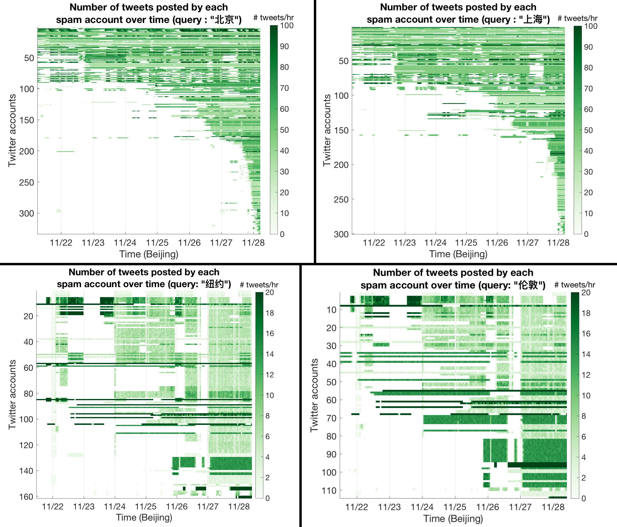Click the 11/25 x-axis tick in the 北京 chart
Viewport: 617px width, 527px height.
coord(157,243)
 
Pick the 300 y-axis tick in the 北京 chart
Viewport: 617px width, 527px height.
coord(27,214)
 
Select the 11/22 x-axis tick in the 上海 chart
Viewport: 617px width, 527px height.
coord(374,243)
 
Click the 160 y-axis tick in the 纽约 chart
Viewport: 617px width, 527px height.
coord(27,497)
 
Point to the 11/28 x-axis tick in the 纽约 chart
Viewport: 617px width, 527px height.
coord(239,506)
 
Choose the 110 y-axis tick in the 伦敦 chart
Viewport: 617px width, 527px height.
coord(329,490)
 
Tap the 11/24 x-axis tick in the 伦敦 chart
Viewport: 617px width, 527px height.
coord(422,507)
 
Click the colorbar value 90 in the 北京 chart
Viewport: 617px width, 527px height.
coord(285,47)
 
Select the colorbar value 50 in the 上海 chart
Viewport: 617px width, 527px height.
coord(588,130)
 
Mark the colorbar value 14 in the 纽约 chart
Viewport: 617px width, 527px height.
coord(270,354)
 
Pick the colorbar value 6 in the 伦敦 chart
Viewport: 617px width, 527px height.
coord(584,437)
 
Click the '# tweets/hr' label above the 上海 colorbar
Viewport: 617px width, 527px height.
coord(577,19)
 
